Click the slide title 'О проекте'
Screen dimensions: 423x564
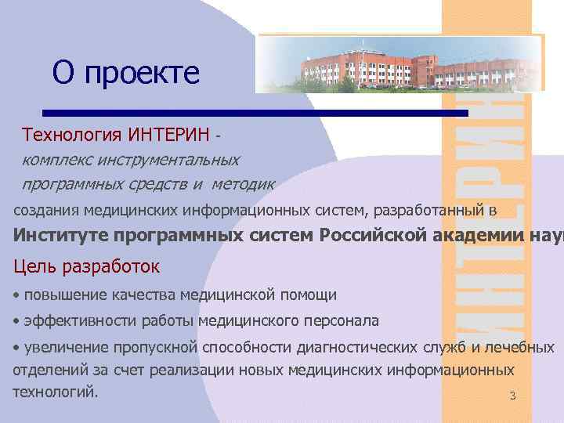[126, 74]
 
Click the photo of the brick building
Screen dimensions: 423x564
[399, 64]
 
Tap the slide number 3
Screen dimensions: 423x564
[512, 396]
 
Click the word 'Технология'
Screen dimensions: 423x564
[70, 134]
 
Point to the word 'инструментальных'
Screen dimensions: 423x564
[169, 159]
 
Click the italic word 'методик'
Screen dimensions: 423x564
[244, 184]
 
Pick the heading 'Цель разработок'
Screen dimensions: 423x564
[86, 266]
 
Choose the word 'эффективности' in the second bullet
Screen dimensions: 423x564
[80, 320]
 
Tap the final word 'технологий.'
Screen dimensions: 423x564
[56, 391]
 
